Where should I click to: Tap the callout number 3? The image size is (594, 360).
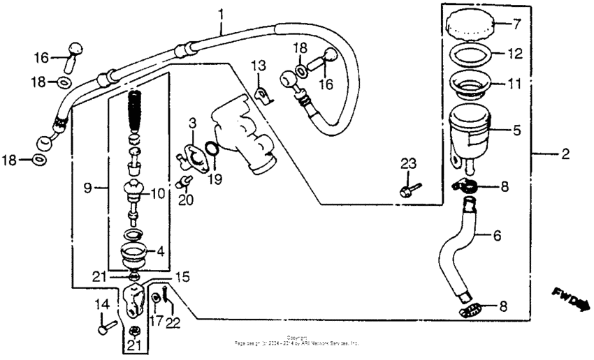[x=193, y=123]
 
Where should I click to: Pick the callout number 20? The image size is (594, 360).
[x=185, y=201]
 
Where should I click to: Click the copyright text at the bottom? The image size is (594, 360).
[x=297, y=342]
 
